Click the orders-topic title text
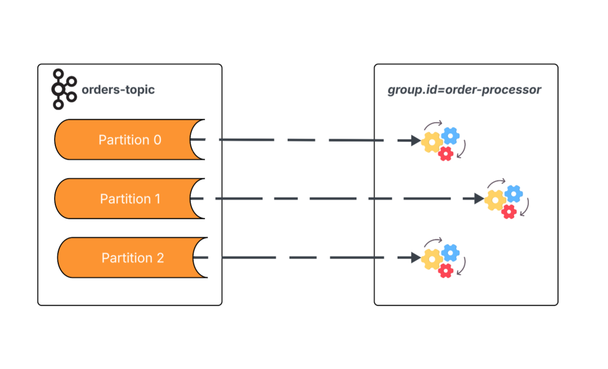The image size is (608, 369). click(118, 90)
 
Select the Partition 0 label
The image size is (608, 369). click(130, 140)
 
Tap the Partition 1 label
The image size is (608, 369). click(130, 199)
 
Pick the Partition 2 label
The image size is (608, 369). click(133, 258)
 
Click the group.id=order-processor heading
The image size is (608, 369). click(464, 90)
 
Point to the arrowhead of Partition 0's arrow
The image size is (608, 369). click(416, 140)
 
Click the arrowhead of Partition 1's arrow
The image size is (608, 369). click(479, 199)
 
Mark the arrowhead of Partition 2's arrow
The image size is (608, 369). click(416, 258)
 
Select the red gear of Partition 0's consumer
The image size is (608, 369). click(446, 154)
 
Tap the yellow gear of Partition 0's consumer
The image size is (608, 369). click(432, 142)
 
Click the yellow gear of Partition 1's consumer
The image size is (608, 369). click(495, 200)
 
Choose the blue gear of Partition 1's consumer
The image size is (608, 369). click(514, 193)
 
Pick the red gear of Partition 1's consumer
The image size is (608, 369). click(508, 212)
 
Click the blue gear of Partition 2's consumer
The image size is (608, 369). click(451, 252)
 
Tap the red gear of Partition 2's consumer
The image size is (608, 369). click(446, 271)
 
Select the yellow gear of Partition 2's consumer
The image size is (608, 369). click(432, 259)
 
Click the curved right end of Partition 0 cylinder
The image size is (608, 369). click(198, 140)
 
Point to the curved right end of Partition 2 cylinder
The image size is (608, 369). click(200, 258)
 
